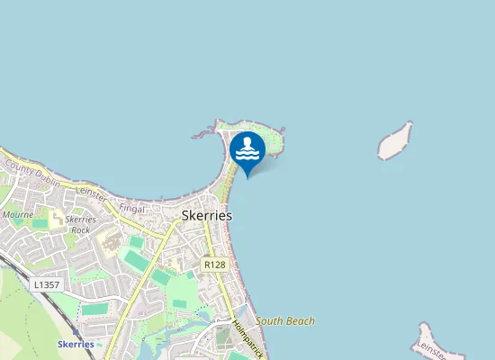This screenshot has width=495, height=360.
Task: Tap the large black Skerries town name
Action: pyautogui.click(x=207, y=216)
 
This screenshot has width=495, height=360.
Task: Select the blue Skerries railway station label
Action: pyautogui.click(x=76, y=344)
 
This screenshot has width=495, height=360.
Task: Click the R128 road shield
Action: pyautogui.click(x=214, y=265)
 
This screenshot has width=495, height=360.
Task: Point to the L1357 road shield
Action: pyautogui.click(x=46, y=284)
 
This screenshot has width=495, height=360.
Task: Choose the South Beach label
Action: pyautogui.click(x=285, y=320)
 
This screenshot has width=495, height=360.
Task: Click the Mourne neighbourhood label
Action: pyautogui.click(x=18, y=216)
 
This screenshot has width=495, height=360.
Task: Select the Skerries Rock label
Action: pyautogui.click(x=81, y=225)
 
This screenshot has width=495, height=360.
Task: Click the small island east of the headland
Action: pyautogui.click(x=395, y=141)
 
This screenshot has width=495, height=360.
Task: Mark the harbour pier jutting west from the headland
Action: pyautogui.click(x=204, y=134)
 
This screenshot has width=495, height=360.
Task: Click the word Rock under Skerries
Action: pyautogui.click(x=81, y=230)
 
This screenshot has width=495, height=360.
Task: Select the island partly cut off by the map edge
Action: pyautogui.click(x=432, y=340)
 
